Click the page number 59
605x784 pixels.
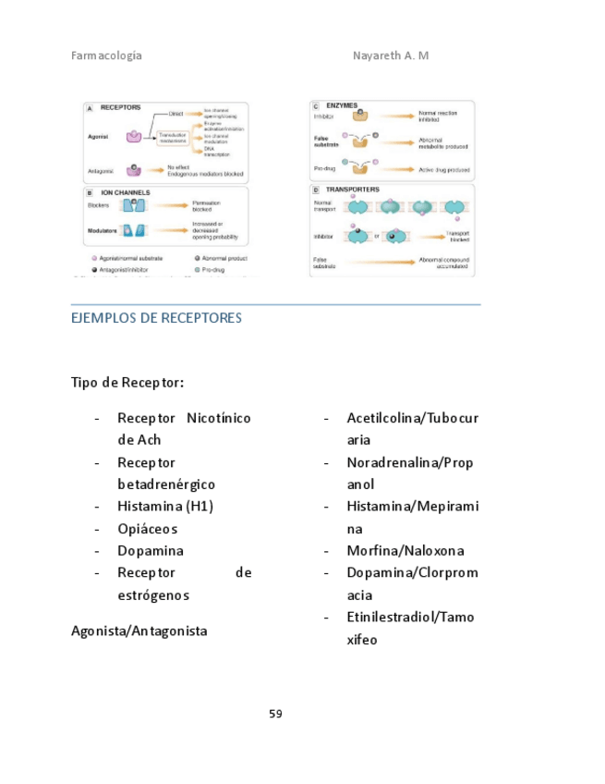275,714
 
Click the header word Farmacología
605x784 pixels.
106,55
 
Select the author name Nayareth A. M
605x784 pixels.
391,55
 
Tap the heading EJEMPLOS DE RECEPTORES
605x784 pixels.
156,318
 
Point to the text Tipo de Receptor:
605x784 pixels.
127,382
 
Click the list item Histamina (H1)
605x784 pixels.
165,507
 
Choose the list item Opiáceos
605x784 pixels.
147,529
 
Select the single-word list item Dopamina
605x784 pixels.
150,551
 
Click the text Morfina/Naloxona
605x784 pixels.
405,551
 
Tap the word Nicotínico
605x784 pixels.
219,419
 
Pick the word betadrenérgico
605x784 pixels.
166,484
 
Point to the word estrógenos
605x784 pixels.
153,595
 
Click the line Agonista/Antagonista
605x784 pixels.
139,631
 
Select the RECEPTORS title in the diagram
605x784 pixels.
120,108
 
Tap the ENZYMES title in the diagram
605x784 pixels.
342,106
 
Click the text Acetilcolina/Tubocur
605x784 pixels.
412,419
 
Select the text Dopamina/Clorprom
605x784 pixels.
412,573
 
